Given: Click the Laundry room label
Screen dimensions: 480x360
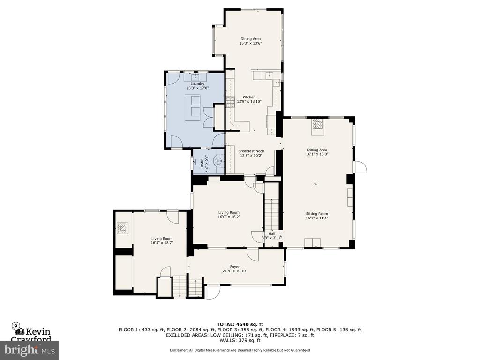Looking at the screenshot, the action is (197, 84).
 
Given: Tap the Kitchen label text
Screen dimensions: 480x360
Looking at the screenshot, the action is (249, 97).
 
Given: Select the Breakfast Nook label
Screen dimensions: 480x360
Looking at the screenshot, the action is (251, 151).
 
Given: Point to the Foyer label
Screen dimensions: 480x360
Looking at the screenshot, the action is (235, 267).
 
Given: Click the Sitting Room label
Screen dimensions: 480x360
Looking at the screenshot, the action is (317, 214).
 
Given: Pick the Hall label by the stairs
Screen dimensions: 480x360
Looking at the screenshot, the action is (272, 233).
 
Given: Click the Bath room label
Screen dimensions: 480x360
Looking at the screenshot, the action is (202, 165).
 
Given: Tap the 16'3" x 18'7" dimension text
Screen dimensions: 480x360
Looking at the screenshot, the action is (162, 243).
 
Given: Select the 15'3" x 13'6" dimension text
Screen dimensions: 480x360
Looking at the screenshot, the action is (250, 43).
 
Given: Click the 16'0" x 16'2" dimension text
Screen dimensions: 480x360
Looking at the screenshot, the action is (229, 217).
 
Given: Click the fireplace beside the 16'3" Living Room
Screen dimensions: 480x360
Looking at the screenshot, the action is (123, 228).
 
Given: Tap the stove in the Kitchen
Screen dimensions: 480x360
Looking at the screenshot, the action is (230, 102).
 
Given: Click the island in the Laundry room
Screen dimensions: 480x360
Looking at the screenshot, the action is (192, 107).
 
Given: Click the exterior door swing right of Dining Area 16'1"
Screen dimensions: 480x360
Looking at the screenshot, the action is (361, 167).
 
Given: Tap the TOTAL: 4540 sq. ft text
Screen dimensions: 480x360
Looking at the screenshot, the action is (240, 324).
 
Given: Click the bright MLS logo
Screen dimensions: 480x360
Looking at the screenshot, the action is (30, 350).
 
